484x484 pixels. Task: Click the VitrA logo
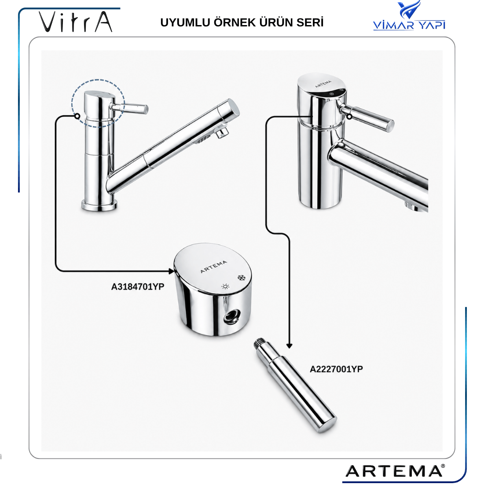point(75,22)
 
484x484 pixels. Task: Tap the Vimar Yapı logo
point(409,15)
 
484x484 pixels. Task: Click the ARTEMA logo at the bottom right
point(395,471)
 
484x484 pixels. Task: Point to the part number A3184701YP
point(138,287)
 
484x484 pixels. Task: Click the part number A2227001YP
point(336,369)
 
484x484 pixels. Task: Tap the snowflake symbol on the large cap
point(241,278)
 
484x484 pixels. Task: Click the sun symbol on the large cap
point(225,286)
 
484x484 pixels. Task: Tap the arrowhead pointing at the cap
point(171,271)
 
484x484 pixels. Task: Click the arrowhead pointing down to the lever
point(289,346)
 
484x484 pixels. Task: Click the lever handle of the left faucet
point(130,108)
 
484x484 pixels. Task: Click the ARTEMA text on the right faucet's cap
point(323,84)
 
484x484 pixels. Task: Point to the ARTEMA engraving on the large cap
point(213,267)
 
